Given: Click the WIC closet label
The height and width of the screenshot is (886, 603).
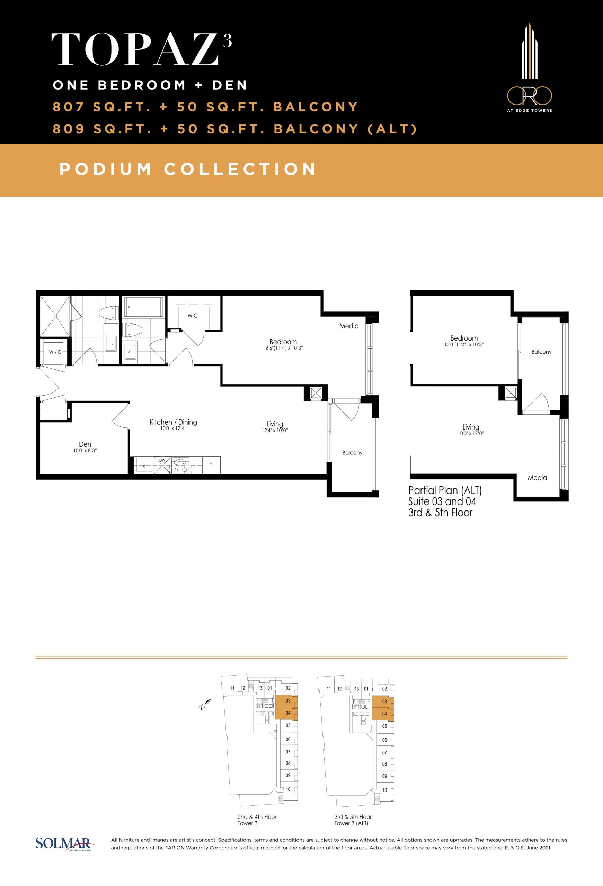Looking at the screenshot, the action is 193,315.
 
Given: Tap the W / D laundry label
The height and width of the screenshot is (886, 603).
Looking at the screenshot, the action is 55,352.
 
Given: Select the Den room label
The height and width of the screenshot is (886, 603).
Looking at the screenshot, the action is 85,444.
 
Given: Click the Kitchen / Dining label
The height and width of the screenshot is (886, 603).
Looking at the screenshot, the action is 173,422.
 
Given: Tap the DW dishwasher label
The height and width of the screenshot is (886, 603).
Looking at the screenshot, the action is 162,461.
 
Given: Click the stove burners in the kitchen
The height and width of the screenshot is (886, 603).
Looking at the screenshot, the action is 180,465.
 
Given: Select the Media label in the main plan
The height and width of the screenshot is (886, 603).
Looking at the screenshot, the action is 349,326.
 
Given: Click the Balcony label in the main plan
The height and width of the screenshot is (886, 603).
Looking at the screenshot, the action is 352,453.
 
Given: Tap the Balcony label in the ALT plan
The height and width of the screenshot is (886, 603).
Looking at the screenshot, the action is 542,352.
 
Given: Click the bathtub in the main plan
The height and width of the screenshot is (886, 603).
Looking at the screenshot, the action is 143,307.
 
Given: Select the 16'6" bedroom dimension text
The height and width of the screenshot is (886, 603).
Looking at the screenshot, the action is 283,348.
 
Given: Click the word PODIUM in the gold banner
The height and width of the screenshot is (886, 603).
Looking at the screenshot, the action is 106,169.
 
